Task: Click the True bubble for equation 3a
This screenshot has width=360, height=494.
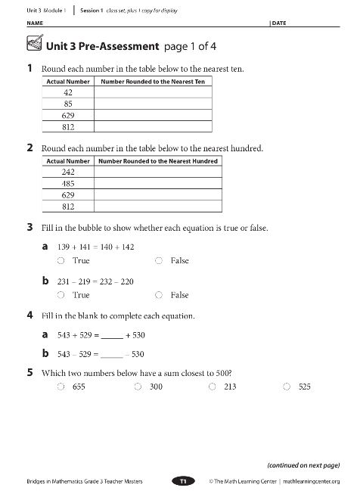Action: [61, 260]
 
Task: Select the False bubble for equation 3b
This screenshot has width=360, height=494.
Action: [159, 295]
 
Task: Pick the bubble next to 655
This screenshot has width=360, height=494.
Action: [61, 387]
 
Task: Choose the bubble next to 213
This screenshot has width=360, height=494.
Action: [213, 387]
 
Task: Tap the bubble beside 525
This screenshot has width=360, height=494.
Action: [287, 387]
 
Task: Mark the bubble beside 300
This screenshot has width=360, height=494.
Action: [138, 387]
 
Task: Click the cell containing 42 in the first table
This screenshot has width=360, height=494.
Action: [67, 92]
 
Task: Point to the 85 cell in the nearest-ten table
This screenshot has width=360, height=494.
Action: [67, 104]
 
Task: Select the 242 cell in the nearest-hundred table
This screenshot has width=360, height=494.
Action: [68, 172]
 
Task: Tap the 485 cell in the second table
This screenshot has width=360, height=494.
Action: [68, 183]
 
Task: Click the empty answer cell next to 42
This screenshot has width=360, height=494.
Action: [153, 92]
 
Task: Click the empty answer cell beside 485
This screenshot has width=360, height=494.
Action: [157, 183]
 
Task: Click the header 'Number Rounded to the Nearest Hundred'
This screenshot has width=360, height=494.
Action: [157, 161]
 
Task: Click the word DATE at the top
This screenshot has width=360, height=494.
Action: [279, 24]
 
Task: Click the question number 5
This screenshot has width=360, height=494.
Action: [29, 372]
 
